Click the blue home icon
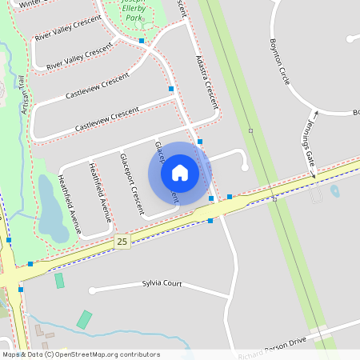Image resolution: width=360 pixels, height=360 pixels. click(x=180, y=173)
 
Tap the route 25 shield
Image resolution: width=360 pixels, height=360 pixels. click(x=122, y=241)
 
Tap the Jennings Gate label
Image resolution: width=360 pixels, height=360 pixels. click(x=306, y=147)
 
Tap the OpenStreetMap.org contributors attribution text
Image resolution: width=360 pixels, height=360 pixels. click(x=107, y=354)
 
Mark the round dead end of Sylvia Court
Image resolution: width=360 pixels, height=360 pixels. click(x=92, y=290)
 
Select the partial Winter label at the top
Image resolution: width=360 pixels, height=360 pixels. click(x=30, y=3)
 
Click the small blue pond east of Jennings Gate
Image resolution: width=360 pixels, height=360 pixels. click(x=334, y=191)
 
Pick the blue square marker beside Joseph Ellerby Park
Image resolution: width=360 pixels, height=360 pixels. click(x=142, y=40)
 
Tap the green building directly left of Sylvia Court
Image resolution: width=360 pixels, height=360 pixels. click(x=59, y=280)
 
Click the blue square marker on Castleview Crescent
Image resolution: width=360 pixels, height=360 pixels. click(x=171, y=89)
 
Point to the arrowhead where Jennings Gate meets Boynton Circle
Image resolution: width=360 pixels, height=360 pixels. click(x=315, y=114)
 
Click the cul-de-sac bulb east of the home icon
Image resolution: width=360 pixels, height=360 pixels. click(x=244, y=167)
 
